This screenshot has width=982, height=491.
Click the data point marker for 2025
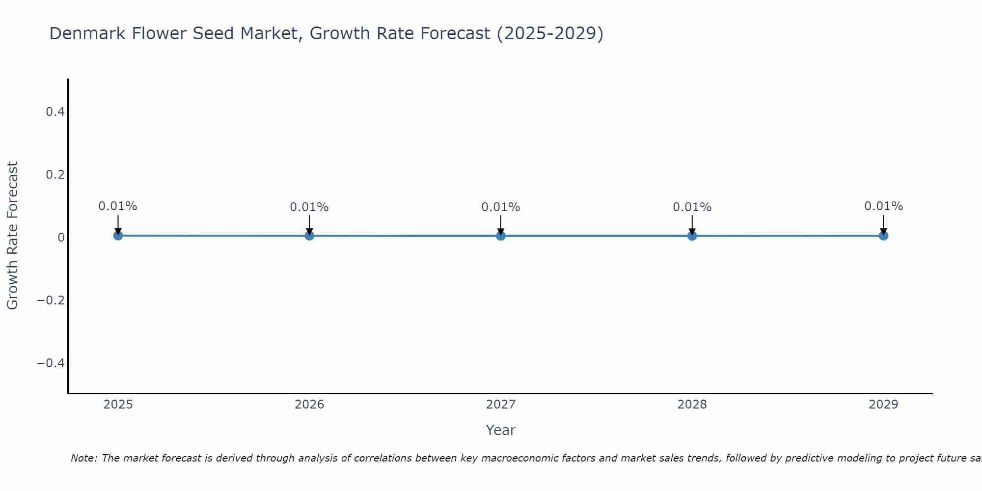pyautogui.click(x=118, y=236)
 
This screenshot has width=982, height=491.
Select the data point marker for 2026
pyautogui.click(x=309, y=236)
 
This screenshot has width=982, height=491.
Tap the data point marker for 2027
pyautogui.click(x=501, y=236)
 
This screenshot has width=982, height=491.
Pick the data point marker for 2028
pyautogui.click(x=692, y=236)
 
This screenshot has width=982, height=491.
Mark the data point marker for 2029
pyautogui.click(x=883, y=236)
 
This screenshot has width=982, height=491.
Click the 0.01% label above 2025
pyautogui.click(x=118, y=206)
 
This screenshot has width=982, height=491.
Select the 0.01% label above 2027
pyautogui.click(x=501, y=207)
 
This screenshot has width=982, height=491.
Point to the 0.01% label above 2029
pyautogui.click(x=883, y=206)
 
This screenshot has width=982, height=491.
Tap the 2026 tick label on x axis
pyautogui.click(x=309, y=405)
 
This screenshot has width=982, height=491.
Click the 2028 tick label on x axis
pyautogui.click(x=692, y=405)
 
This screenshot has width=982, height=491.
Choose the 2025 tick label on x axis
pyautogui.click(x=118, y=405)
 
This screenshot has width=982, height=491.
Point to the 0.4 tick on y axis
pyautogui.click(x=55, y=112)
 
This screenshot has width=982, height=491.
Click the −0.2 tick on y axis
pyautogui.click(x=51, y=300)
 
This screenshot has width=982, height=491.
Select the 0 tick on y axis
pyautogui.click(x=61, y=238)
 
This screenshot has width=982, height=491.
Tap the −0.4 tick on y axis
pyautogui.click(x=51, y=363)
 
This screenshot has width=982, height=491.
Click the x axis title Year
pyautogui.click(x=500, y=430)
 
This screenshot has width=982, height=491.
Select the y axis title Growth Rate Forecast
pyautogui.click(x=12, y=236)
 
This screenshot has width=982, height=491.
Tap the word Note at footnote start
pyautogui.click(x=83, y=458)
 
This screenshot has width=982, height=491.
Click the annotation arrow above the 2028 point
pyautogui.click(x=692, y=223)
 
